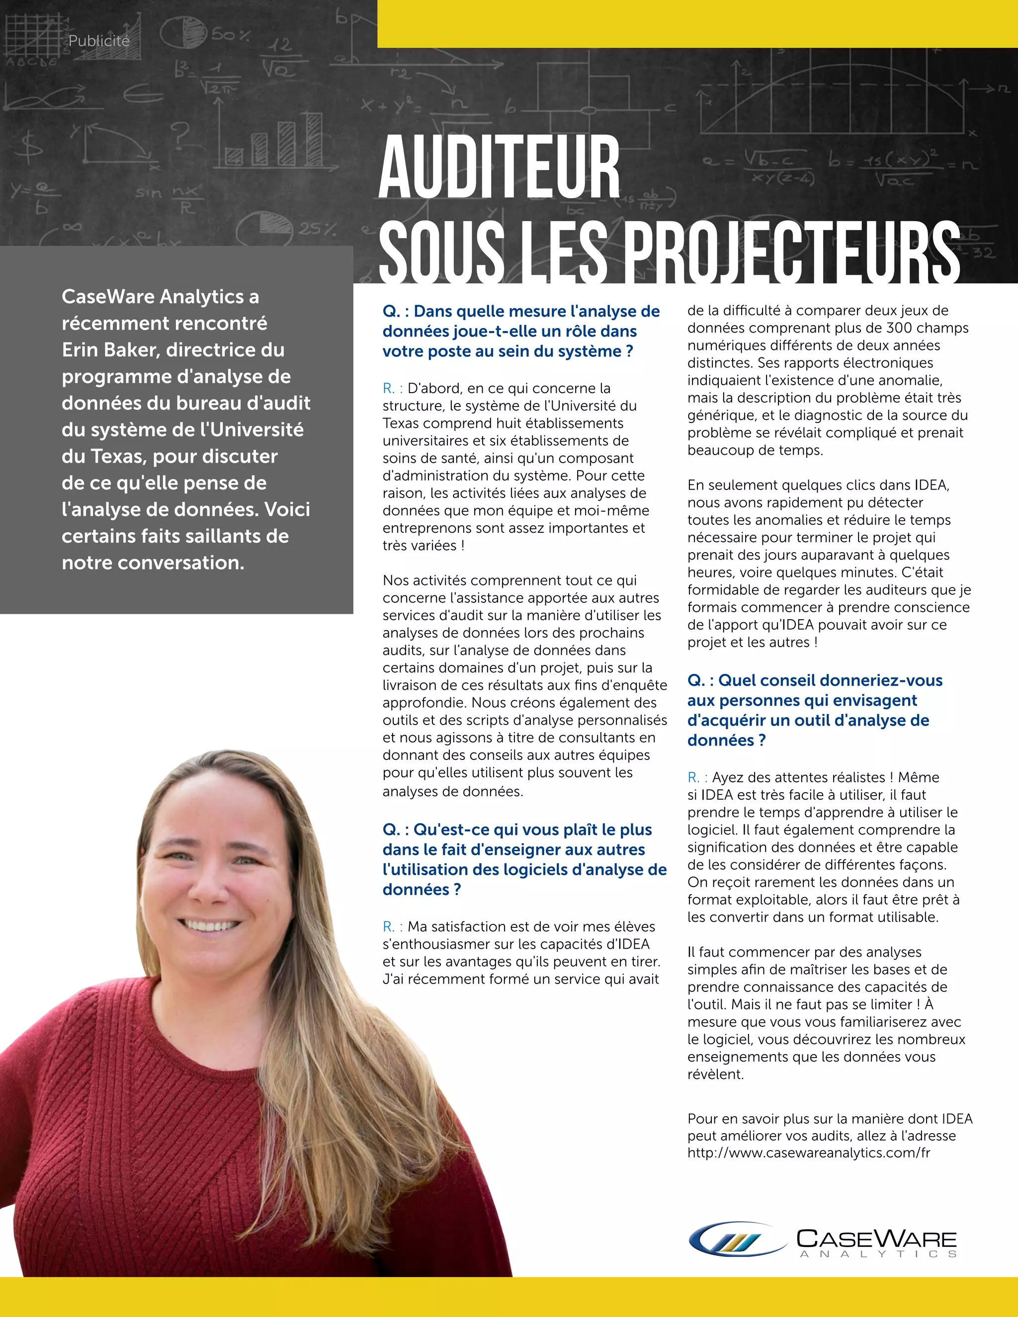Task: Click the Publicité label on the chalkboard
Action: tap(99, 41)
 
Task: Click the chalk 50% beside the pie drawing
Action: tap(230, 34)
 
